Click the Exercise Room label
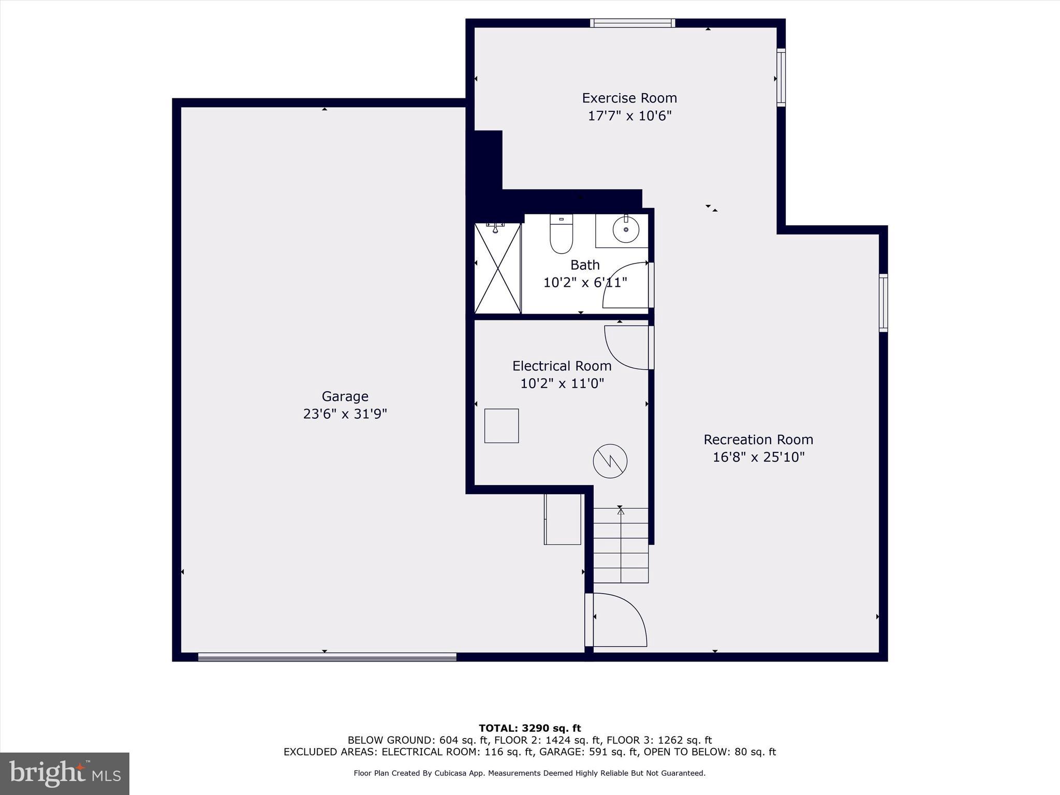coord(629,98)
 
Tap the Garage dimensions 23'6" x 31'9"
coord(345,414)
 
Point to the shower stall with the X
coord(497,268)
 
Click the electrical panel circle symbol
coord(610,461)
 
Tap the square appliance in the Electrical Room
coord(501,425)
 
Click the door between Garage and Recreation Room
coord(619,620)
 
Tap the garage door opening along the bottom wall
coord(327,657)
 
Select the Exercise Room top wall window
coord(632,23)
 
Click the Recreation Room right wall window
coord(884,303)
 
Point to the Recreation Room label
coord(758,439)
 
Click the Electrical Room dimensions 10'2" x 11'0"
coord(562,384)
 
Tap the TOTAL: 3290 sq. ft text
coord(529,728)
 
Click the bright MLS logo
coord(65,773)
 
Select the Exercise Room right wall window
coord(781,78)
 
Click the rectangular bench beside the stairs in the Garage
coord(563,519)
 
